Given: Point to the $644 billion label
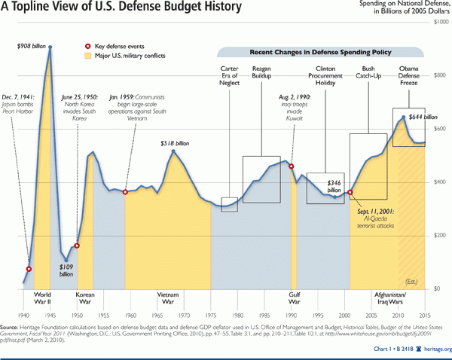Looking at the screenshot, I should coord(423,117).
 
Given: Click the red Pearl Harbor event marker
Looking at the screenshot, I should coord(29,269).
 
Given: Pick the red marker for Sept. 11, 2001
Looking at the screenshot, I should coord(350,193).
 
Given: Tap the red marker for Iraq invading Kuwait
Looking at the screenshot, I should coord(292,166).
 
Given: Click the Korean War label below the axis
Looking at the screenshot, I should coord(85,299).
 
